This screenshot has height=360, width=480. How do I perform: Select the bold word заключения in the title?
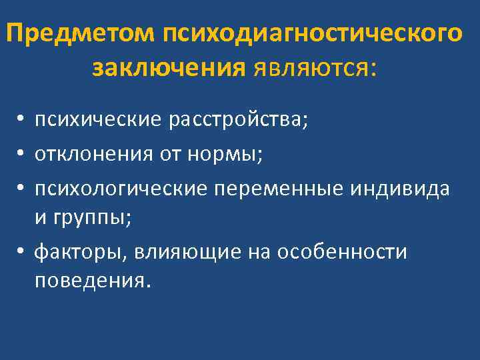[169, 68]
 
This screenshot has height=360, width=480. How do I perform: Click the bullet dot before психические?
[23, 121]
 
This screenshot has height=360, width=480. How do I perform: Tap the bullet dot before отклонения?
[23, 156]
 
